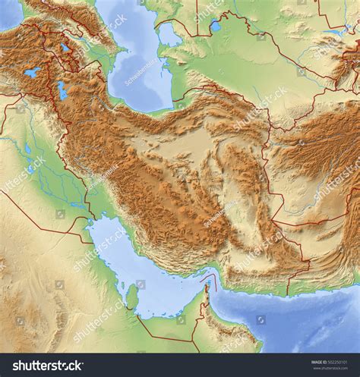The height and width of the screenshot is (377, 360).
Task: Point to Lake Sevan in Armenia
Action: pos(65,48)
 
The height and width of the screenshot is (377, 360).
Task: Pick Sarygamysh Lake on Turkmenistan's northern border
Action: pos(214,26)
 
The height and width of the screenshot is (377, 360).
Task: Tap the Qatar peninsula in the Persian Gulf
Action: pos(132,297)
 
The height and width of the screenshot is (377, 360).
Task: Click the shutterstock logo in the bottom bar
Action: pos(45,366)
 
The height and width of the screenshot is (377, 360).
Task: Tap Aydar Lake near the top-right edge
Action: pos(335,34)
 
